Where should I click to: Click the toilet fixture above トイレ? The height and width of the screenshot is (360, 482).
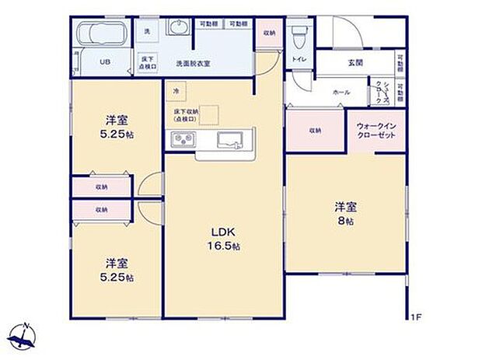click(x=299, y=34)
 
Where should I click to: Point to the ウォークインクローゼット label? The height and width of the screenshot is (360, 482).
click(x=376, y=130)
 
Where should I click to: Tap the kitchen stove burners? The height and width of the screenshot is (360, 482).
click(x=183, y=140)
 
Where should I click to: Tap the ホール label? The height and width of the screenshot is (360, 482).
click(x=341, y=92)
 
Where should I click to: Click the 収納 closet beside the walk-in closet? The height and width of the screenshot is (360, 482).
click(x=315, y=131)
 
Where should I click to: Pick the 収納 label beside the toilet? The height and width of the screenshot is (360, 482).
click(x=268, y=33)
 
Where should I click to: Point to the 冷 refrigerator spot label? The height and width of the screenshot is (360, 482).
click(x=176, y=91)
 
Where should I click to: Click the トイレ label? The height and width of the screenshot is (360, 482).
click(x=299, y=58)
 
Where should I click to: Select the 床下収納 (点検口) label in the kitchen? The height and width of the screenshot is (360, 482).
click(x=187, y=116)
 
